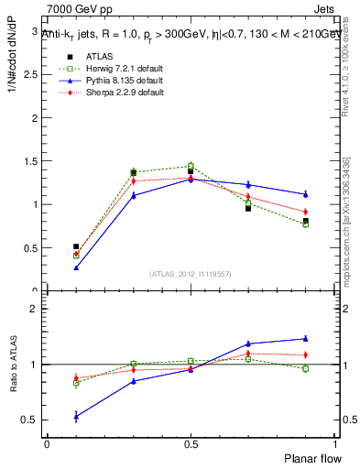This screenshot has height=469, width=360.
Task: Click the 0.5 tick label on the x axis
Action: tap(191, 443)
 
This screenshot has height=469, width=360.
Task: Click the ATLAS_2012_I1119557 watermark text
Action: tap(190, 274)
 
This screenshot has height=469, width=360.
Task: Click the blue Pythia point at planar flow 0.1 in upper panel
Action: tap(76, 267)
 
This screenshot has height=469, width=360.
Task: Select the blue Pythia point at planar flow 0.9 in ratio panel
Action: tap(305, 338)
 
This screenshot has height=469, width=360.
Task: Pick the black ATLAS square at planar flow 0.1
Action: tap(76, 246)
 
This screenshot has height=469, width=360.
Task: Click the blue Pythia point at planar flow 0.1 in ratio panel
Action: tap(76, 416)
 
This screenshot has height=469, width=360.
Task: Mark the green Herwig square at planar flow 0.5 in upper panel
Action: tap(191, 166)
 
